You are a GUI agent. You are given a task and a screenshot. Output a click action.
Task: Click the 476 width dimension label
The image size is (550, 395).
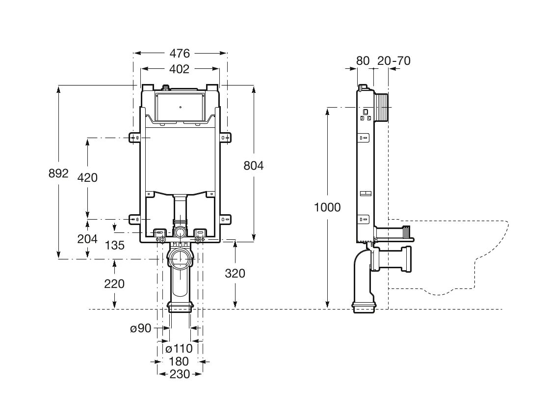(x=180, y=53)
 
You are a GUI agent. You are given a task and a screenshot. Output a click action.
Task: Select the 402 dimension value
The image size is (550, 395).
(x=179, y=69)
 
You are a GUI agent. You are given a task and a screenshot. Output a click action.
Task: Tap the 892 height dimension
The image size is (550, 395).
(x=58, y=173)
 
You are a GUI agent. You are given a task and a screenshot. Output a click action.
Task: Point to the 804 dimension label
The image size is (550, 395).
(x=254, y=166)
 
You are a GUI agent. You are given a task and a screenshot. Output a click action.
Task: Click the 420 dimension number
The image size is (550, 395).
(x=87, y=177)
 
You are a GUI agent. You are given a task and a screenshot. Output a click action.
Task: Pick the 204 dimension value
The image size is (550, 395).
(x=87, y=239)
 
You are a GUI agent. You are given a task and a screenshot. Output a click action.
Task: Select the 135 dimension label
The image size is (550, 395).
(x=114, y=245)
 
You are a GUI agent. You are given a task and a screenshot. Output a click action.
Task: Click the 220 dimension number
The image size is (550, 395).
(x=114, y=283)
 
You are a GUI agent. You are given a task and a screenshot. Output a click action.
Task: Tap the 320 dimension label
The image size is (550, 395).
(x=235, y=274)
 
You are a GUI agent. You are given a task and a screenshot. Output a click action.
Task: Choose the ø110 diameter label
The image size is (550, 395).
(x=179, y=349)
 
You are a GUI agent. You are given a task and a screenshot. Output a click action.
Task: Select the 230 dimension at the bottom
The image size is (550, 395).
(x=180, y=374)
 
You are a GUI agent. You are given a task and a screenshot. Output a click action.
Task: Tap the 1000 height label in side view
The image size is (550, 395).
(x=327, y=207)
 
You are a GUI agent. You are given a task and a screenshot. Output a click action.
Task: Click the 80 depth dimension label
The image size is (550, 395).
(x=363, y=61)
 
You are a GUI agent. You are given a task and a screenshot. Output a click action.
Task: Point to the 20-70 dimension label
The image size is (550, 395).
(x=394, y=61)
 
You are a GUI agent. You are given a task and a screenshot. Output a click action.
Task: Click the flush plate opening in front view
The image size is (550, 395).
(x=180, y=107)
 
